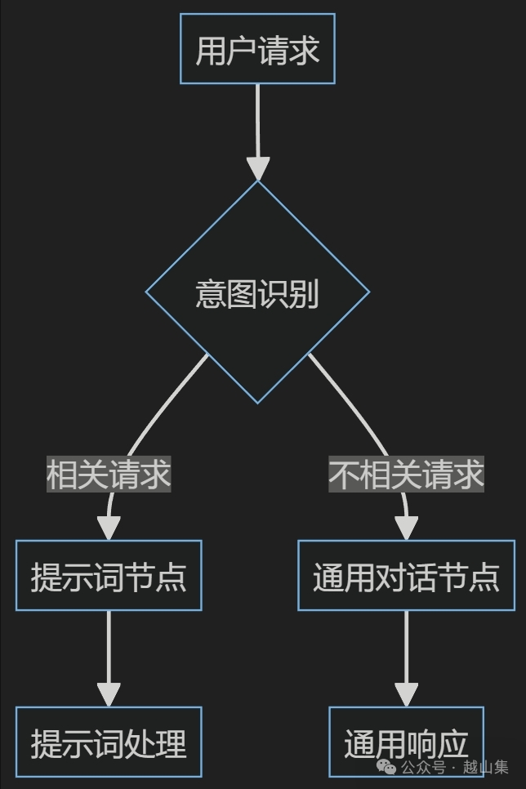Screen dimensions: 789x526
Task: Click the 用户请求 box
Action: [257, 49]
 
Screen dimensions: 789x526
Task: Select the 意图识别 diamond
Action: [257, 292]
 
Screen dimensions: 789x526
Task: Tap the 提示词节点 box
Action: [109, 576]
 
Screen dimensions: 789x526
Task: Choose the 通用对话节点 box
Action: [406, 576]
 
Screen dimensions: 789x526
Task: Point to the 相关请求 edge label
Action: [109, 475]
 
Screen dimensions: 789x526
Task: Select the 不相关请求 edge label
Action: [406, 475]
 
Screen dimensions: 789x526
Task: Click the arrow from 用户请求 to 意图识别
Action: [257, 123]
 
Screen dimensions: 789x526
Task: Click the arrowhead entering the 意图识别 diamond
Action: [257, 168]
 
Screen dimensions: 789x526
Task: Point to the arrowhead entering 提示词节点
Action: [109, 528]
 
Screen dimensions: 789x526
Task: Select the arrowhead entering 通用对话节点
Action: [406, 528]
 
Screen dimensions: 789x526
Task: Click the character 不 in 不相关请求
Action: [344, 475]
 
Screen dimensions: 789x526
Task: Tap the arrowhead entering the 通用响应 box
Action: [406, 694]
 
